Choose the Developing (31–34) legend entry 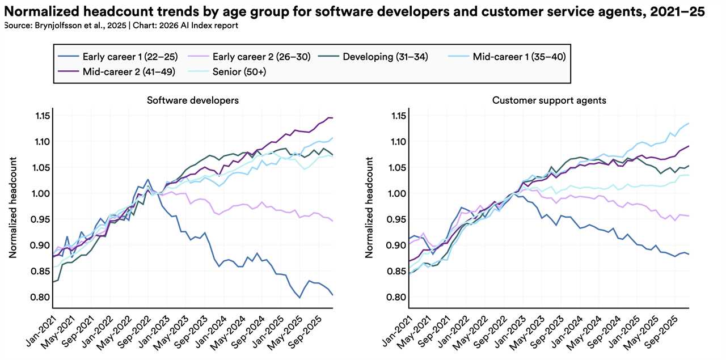click(379, 57)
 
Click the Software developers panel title click(192, 100)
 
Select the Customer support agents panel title click(549, 100)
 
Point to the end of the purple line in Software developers click(332, 118)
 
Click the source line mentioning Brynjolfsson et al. click(121, 26)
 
